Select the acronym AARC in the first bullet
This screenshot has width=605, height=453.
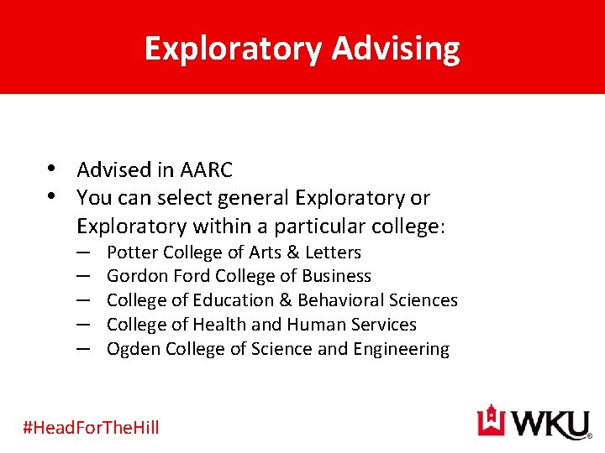[206, 170]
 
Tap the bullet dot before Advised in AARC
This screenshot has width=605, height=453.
[52, 169]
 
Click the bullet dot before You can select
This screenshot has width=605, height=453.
[52, 197]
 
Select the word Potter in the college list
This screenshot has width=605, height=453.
[133, 253]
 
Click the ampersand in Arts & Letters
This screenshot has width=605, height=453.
[293, 253]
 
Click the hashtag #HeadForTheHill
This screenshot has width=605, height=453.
[91, 427]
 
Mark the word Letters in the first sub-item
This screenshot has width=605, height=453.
[334, 253]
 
